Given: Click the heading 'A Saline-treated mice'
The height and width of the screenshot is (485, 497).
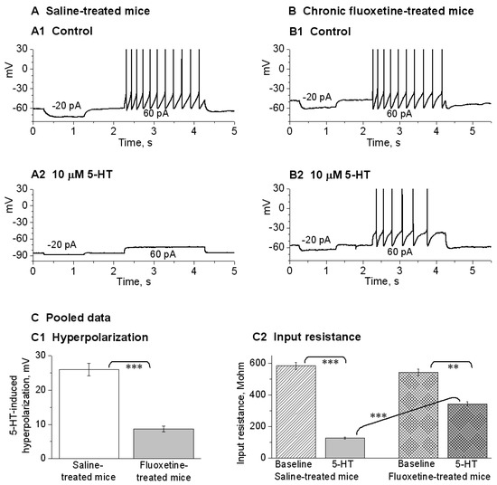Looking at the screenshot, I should pos(80,8).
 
